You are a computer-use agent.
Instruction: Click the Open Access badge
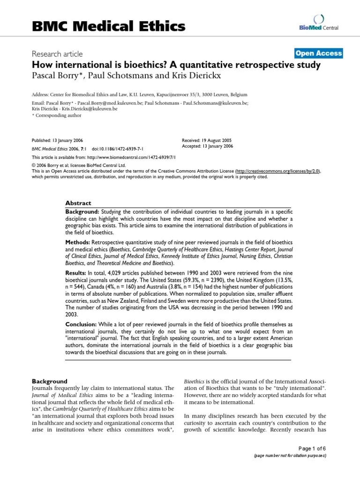point(319,53)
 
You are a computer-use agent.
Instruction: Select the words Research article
point(58,53)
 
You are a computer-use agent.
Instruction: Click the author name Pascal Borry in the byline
point(54,76)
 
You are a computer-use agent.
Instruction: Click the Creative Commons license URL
point(277,172)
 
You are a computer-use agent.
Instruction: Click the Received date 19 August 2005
point(206,141)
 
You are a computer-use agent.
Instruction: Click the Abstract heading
point(78,203)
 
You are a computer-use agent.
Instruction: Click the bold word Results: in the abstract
point(76,273)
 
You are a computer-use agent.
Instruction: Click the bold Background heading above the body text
point(49,381)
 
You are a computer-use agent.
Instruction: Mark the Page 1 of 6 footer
point(313,449)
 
